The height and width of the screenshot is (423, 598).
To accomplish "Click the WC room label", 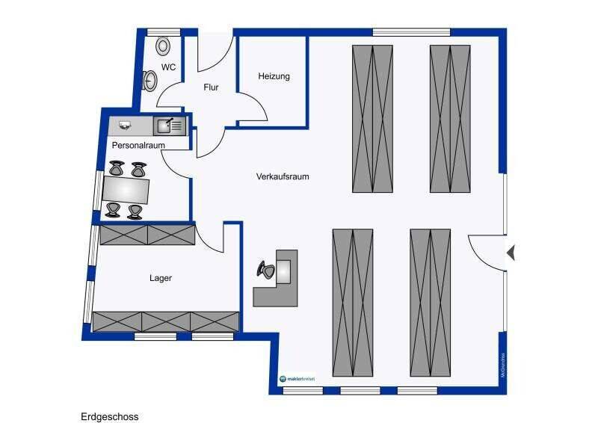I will [168, 67].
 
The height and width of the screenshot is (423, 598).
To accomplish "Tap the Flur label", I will [211, 87].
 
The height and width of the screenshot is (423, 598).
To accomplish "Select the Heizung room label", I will [274, 76].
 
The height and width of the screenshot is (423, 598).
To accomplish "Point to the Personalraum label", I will [138, 145].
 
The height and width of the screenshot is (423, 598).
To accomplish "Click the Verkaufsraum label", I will [283, 177].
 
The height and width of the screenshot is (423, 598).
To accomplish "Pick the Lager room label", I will [161, 278].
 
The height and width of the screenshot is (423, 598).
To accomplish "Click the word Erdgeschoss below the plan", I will [110, 416].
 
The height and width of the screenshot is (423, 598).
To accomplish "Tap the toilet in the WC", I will [163, 46].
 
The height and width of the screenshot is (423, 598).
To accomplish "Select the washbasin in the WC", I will [150, 79].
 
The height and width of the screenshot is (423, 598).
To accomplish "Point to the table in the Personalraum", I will [126, 190].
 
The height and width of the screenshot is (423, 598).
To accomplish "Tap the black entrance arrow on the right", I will [511, 253].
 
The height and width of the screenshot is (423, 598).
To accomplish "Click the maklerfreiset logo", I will [298, 379].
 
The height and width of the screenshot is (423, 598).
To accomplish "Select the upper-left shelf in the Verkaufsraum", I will [372, 118].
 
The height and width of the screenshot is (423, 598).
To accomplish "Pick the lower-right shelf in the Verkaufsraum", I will [431, 301].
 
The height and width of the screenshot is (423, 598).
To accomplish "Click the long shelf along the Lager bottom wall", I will [165, 321].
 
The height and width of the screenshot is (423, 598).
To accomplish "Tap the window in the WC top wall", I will [161, 31].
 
